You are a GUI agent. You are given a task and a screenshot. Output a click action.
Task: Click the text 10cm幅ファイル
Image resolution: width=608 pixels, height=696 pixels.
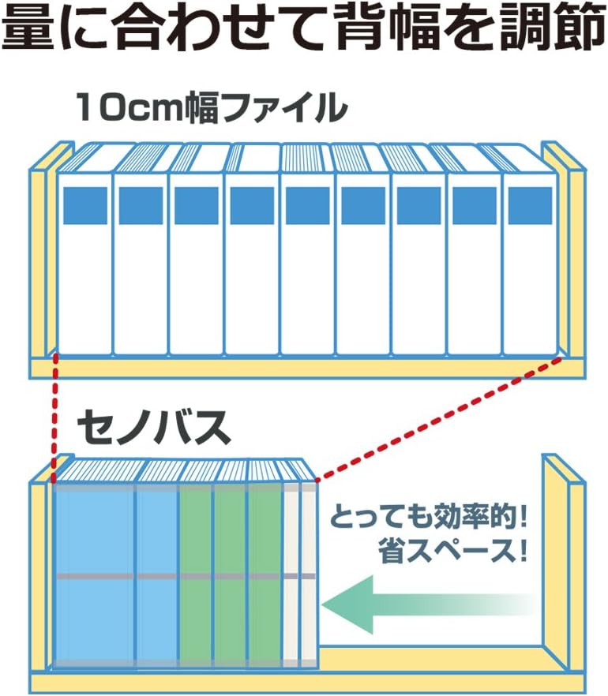(212, 107)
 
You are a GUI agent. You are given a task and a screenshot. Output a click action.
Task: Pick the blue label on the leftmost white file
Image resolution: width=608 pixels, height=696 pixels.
(84, 204)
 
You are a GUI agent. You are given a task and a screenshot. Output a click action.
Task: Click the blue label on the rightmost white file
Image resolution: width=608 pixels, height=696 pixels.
(530, 204)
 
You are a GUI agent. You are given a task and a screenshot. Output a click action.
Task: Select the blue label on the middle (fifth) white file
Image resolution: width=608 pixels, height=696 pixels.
(307, 204)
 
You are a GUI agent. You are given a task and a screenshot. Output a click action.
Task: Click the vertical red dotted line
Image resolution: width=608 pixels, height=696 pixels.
(54, 418)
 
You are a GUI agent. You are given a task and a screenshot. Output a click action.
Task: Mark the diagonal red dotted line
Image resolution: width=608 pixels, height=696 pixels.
(442, 418)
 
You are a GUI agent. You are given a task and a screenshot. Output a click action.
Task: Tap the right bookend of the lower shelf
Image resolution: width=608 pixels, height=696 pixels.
(562, 568)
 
